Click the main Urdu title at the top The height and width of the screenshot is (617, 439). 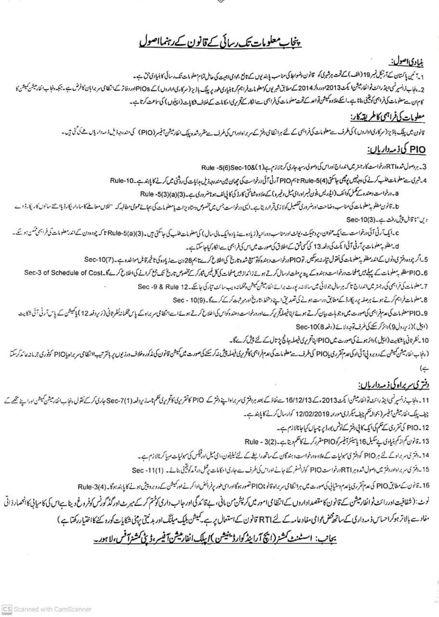click(x=220, y=43)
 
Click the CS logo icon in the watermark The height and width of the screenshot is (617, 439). click(x=6, y=609)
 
